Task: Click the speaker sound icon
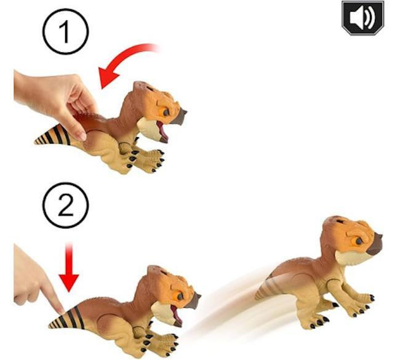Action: click(x=362, y=18)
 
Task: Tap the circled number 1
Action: click(x=66, y=31)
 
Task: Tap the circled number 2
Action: click(x=66, y=205)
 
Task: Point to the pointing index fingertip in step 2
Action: click(x=61, y=311)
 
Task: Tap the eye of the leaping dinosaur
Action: click(x=358, y=241)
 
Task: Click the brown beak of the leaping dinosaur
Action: click(x=375, y=244)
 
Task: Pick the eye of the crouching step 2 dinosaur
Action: click(x=180, y=296)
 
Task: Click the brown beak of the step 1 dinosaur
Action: click(x=180, y=116)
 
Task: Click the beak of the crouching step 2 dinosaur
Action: click(x=193, y=300)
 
